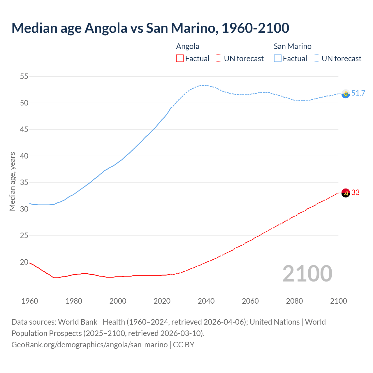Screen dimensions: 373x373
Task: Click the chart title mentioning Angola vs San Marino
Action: click(150, 28)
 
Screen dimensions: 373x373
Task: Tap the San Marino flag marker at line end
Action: click(346, 94)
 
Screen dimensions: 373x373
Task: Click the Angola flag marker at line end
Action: click(346, 193)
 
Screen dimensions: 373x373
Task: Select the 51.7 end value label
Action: click(358, 93)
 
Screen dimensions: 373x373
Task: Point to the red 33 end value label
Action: click(356, 193)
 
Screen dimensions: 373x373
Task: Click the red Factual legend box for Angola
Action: click(180, 59)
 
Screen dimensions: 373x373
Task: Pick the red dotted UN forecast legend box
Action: click(219, 59)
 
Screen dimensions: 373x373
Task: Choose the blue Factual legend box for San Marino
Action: click(278, 59)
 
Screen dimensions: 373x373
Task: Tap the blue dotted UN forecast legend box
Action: click(316, 59)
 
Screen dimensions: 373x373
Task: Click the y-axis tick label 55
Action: click(24, 77)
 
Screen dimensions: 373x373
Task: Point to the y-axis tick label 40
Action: click(24, 156)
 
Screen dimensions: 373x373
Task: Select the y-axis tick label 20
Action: click(24, 262)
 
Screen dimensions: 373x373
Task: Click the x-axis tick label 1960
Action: click(30, 301)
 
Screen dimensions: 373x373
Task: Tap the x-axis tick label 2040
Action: click(206, 301)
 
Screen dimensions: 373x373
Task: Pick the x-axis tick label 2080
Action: click(294, 301)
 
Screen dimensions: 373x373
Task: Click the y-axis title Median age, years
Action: click(12, 181)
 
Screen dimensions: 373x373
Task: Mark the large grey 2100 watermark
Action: click(307, 274)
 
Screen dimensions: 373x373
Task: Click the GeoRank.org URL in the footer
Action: click(89, 345)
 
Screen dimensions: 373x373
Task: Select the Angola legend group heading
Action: click(188, 46)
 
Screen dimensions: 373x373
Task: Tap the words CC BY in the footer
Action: click(184, 345)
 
